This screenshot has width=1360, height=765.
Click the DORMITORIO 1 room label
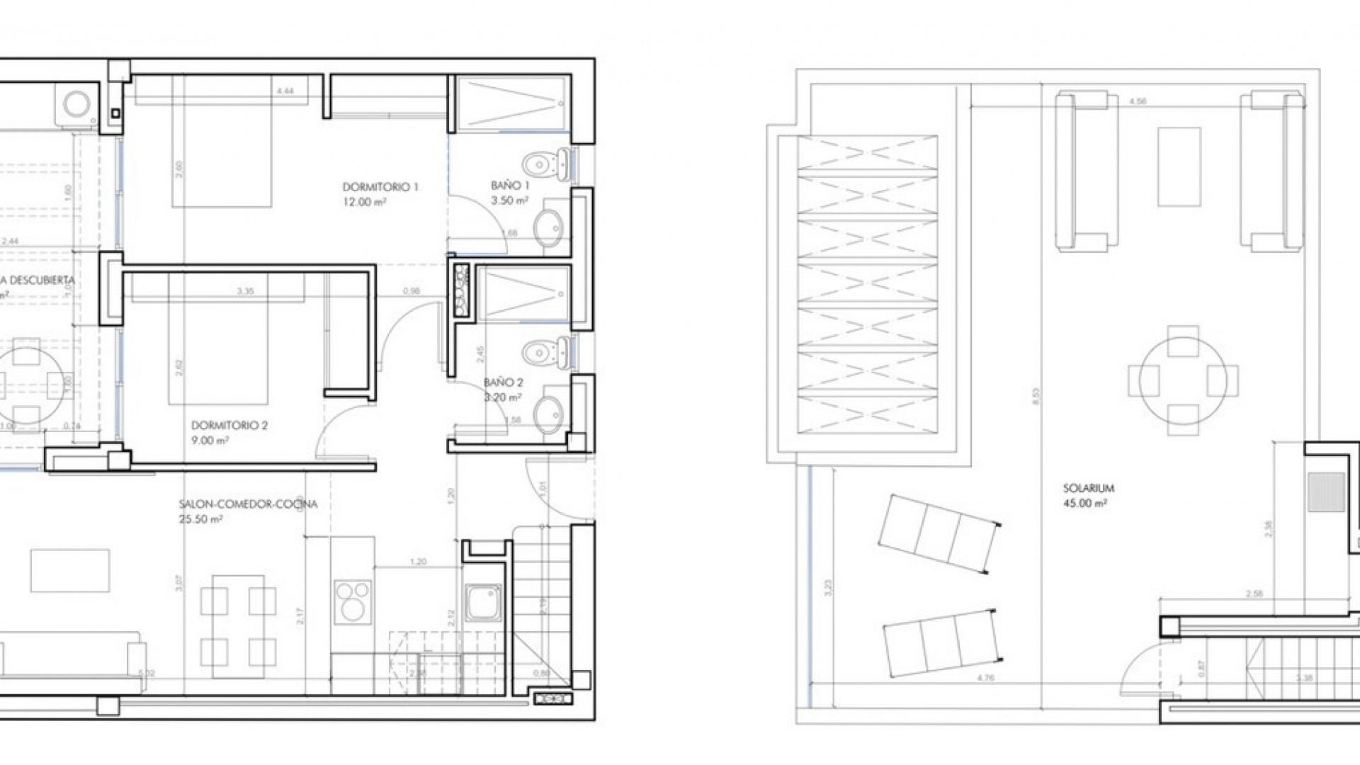pyautogui.click(x=380, y=188)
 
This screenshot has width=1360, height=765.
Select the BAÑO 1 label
pyautogui.click(x=510, y=186)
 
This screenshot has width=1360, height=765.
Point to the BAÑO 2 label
pyautogui.click(x=504, y=382)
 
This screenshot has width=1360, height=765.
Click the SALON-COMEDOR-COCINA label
pyautogui.click(x=248, y=504)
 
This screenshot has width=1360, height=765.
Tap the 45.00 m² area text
pyautogui.click(x=1085, y=504)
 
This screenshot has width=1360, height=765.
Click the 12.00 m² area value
pyautogui.click(x=364, y=203)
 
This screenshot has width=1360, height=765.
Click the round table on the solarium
pyautogui.click(x=1183, y=380)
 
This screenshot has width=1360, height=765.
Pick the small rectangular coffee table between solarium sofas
pyautogui.click(x=1179, y=166)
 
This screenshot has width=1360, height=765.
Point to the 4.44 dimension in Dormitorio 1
pyautogui.click(x=285, y=91)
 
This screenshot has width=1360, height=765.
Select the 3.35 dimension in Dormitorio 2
pyautogui.click(x=245, y=291)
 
